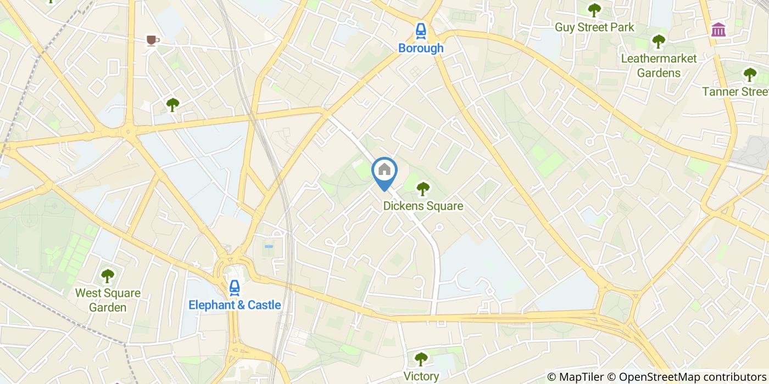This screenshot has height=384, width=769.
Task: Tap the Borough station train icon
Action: pyautogui.click(x=421, y=31)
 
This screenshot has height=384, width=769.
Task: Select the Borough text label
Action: pyautogui.click(x=421, y=48)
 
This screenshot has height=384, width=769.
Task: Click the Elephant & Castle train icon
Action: pyautogui.click(x=235, y=287)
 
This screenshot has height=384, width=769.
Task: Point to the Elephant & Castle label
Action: pyautogui.click(x=235, y=305)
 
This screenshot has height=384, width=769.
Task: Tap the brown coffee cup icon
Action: pyautogui.click(x=152, y=40)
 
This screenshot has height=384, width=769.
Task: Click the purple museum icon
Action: pyautogui.click(x=718, y=30)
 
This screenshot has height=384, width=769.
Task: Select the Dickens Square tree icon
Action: pyautogui.click(x=422, y=189)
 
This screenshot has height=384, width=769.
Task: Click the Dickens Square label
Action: pyautogui.click(x=423, y=206)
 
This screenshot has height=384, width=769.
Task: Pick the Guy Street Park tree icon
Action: pyautogui.click(x=594, y=10)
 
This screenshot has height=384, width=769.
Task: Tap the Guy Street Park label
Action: pyautogui.click(x=594, y=27)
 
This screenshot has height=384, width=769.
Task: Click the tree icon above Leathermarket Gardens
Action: pyautogui.click(x=658, y=41)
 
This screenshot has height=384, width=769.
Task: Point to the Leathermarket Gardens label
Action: pyautogui.click(x=658, y=65)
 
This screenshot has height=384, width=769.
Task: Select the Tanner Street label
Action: pyautogui.click(x=735, y=92)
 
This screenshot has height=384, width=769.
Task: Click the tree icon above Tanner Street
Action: pyautogui.click(x=750, y=75)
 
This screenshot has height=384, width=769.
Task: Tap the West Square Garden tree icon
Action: pyautogui.click(x=108, y=276)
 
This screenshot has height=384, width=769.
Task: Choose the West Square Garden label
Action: pyautogui.click(x=108, y=300)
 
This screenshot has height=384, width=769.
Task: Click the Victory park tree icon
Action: pyautogui.click(x=421, y=359)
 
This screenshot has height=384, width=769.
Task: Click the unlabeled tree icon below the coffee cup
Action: pyautogui.click(x=173, y=104)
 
